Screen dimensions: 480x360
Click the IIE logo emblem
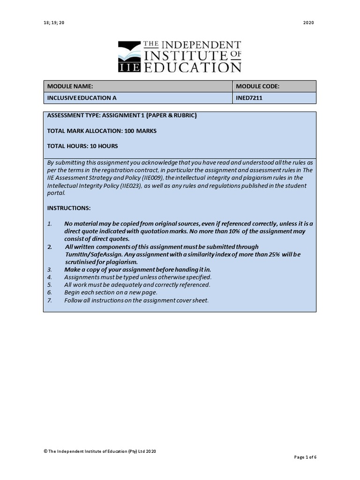[129, 57]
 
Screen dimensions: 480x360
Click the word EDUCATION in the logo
[192, 67]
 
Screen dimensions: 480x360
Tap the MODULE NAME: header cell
[70, 87]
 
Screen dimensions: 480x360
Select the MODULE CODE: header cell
[257, 87]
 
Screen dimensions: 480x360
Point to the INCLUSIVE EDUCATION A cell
[82, 98]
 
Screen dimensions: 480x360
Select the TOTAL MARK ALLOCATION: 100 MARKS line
[102, 131]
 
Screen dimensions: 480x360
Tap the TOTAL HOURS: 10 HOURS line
[82, 146]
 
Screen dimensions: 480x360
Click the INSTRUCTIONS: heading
[69, 208]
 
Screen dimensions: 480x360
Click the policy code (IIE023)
[132, 186]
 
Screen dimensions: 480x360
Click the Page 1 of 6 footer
[305, 457]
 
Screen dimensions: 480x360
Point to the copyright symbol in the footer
[45, 451]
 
